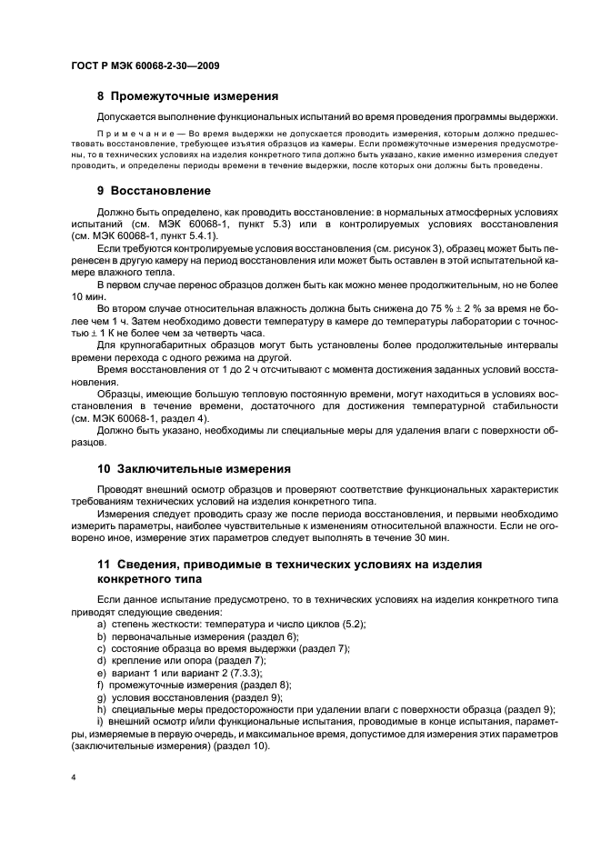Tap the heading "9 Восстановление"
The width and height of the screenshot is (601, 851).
(154, 191)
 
